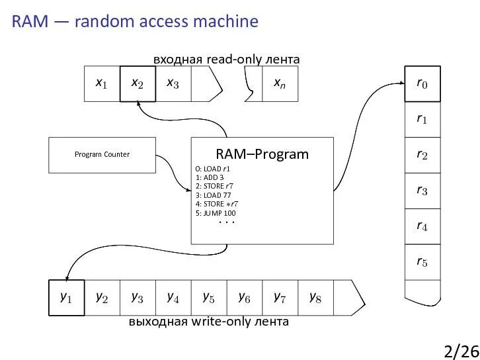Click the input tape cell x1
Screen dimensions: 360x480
(102, 83)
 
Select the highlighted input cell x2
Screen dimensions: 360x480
(138, 83)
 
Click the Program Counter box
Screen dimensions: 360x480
(102, 154)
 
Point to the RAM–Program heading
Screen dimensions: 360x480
(262, 154)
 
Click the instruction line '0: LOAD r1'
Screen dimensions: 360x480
(212, 169)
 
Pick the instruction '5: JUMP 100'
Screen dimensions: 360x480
(216, 213)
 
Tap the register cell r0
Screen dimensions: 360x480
(422, 83)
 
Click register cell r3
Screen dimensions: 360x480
(422, 191)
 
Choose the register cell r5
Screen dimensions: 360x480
(422, 263)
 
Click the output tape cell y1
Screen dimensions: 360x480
(67, 298)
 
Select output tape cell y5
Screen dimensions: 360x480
(209, 298)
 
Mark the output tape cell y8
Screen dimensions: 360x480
(315, 298)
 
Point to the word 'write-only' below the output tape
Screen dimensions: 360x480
(221, 322)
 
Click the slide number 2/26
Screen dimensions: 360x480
(461, 350)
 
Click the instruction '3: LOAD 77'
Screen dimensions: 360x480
(212, 195)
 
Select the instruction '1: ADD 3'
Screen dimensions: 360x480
(210, 177)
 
